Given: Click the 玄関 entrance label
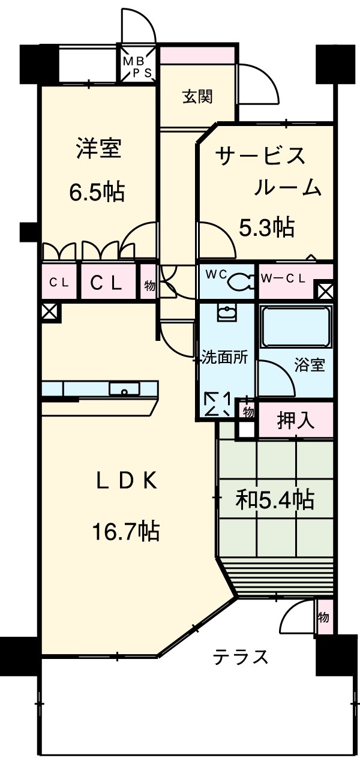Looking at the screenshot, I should tap(197, 97).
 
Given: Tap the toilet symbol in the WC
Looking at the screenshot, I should tap(240, 280).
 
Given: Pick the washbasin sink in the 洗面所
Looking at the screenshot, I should tap(227, 313).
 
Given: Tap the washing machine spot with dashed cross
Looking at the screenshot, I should tap(218, 404).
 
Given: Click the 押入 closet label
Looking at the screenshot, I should tap(296, 421).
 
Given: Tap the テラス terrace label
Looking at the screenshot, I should tap(240, 657).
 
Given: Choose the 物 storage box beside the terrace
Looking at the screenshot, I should tap(323, 617).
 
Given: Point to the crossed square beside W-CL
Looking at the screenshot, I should tap(325, 292).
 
